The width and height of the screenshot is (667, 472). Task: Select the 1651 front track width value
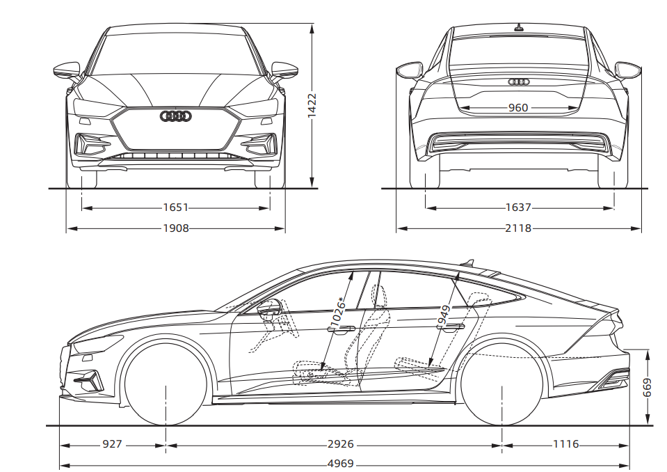pyautogui.click(x=176, y=207)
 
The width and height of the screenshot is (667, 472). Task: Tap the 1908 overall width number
pyautogui.click(x=176, y=228)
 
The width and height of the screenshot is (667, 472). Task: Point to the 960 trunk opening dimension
pyautogui.click(x=518, y=108)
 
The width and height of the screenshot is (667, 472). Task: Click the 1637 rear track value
pyautogui.click(x=518, y=207)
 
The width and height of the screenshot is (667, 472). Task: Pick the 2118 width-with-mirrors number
pyautogui.click(x=518, y=228)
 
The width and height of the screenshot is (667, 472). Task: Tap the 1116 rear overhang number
pyautogui.click(x=565, y=444)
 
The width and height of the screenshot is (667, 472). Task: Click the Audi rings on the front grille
pyautogui.click(x=175, y=116)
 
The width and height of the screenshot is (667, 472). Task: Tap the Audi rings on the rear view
pyautogui.click(x=518, y=82)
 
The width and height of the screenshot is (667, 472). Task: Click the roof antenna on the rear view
pyautogui.click(x=518, y=29)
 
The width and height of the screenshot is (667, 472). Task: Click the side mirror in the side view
pyautogui.click(x=269, y=307)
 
